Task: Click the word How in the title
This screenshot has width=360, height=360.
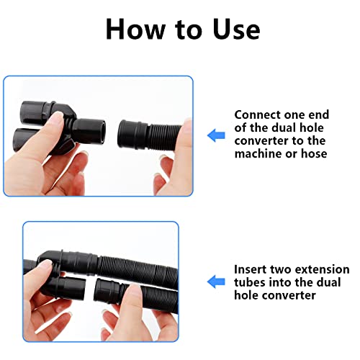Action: (135, 29)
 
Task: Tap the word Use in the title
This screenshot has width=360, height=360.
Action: (236, 29)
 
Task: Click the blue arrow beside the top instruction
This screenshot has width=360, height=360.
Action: (216, 135)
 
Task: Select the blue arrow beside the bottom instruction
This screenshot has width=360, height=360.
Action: (216, 282)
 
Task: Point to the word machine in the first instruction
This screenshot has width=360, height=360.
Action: (257, 153)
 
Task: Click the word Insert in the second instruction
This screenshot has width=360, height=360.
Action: (251, 269)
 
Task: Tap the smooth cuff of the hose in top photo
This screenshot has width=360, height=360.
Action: (132, 135)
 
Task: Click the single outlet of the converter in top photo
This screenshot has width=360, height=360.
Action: (89, 132)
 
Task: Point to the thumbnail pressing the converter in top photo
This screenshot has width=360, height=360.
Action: (58, 117)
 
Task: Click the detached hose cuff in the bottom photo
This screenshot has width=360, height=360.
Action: (107, 291)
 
